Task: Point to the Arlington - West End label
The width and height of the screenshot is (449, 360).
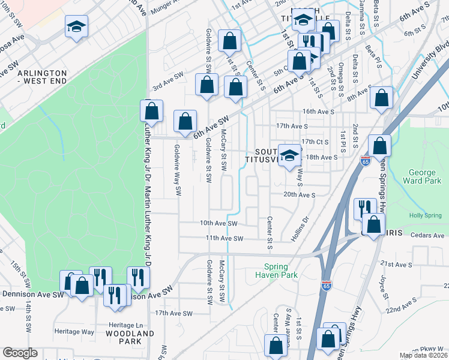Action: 42,77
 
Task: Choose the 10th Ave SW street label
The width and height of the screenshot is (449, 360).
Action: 219,223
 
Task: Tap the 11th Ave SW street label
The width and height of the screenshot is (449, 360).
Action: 224,238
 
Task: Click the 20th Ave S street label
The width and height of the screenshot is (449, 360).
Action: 299,195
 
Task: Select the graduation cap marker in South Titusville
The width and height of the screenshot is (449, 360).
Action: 290,154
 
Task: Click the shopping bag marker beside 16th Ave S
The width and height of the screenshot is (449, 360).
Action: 381,98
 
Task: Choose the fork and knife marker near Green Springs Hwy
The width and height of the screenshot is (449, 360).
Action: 364,208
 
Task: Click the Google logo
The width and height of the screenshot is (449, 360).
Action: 20,353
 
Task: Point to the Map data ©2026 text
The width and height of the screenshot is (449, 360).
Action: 423,355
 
